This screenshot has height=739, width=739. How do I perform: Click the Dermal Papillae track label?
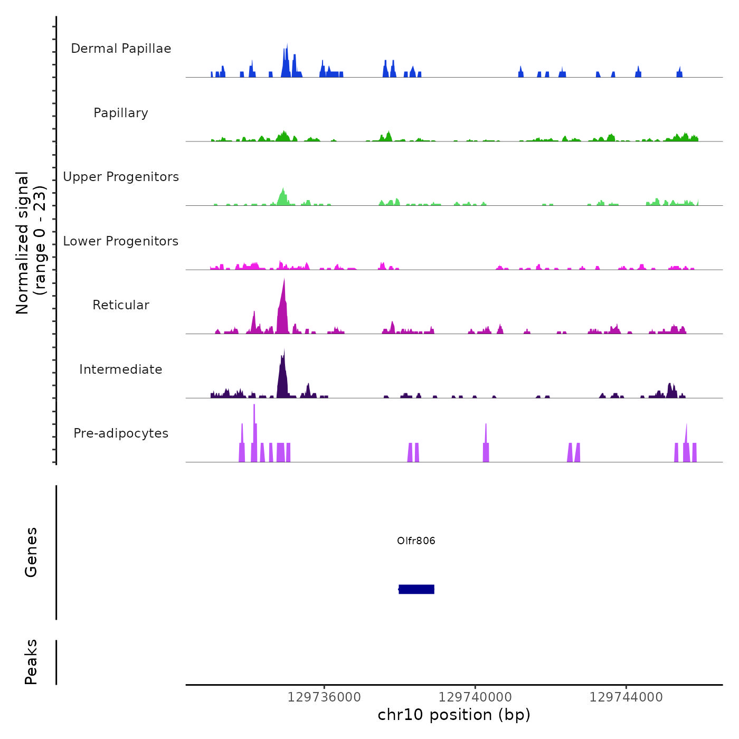pos(121,49)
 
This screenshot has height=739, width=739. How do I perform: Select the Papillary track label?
pos(121,113)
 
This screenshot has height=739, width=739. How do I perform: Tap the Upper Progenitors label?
pos(121,177)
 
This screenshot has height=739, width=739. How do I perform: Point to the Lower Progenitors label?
pos(121,241)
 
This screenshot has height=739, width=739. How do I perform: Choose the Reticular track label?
pos(121,305)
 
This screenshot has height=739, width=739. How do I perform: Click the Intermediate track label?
pos(121,369)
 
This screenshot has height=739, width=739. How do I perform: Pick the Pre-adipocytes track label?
pos(121,433)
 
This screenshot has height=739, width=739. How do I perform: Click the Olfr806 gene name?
pos(416,541)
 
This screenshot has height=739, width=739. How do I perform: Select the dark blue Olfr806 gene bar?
pos(416,589)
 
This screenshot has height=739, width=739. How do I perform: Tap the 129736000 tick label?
pos(324,697)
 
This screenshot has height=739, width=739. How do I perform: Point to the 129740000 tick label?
pos(475,697)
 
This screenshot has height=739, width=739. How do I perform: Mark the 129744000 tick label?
pos(626,697)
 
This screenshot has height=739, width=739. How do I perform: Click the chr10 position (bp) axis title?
pos(454,715)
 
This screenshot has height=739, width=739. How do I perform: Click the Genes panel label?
pos(31,552)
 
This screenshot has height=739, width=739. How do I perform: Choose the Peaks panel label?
pos(31,662)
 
